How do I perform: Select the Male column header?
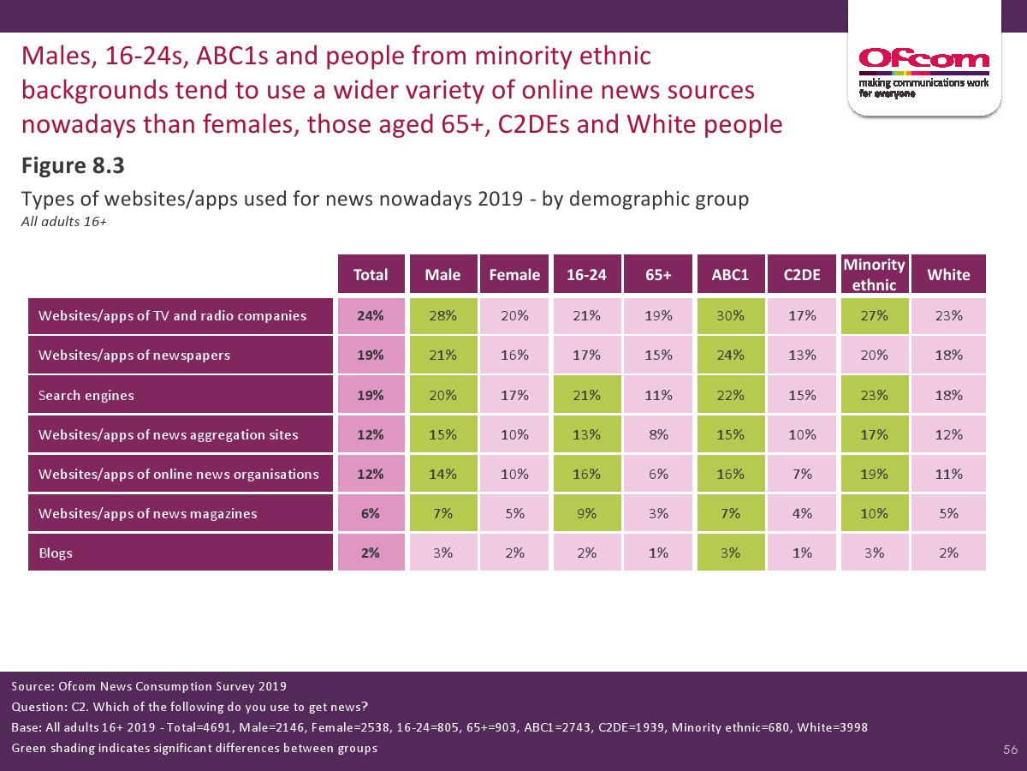pyautogui.click(x=442, y=274)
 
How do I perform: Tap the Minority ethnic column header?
pyautogui.click(x=874, y=274)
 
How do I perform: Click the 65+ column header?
pyautogui.click(x=658, y=274)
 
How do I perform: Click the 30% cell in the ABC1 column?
pyautogui.click(x=729, y=315)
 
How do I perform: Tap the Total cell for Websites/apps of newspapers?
pyautogui.click(x=371, y=355)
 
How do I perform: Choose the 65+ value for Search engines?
pyautogui.click(x=658, y=395)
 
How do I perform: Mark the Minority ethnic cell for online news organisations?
pyautogui.click(x=874, y=474)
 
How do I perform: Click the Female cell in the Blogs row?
pyautogui.click(x=514, y=553)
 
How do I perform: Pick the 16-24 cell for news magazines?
pyautogui.click(x=586, y=513)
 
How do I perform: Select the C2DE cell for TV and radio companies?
pyautogui.click(x=802, y=315)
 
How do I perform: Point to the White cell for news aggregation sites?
pyautogui.click(x=948, y=434)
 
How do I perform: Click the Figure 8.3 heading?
pyautogui.click(x=74, y=164)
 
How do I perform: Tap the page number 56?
pyautogui.click(x=1010, y=750)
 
